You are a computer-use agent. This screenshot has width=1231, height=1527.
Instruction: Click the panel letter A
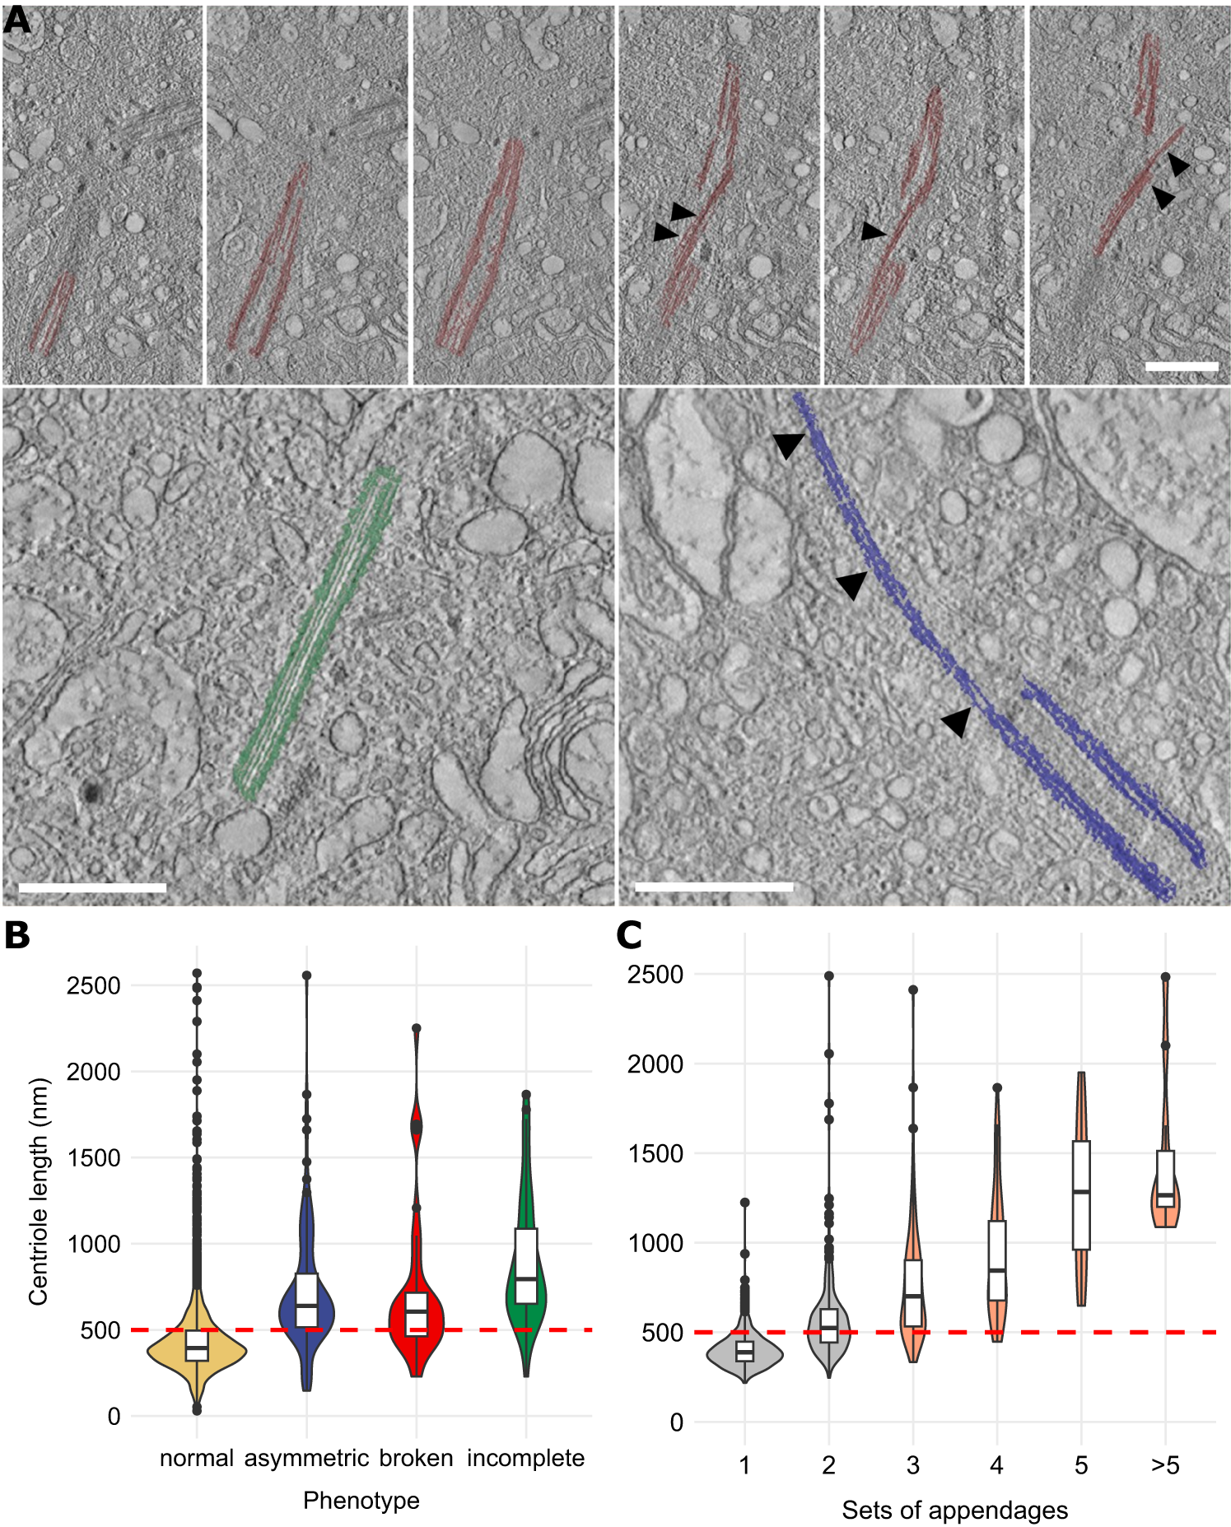pos(16,21)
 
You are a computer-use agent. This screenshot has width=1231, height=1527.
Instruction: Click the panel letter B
pos(16,936)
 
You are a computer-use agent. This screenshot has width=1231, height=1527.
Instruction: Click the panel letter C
pos(629,936)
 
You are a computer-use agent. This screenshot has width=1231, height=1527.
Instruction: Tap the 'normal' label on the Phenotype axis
pos(197,1459)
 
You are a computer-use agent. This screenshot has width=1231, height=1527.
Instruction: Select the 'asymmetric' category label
pos(306,1459)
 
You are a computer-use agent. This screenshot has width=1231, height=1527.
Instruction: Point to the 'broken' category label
pos(416,1459)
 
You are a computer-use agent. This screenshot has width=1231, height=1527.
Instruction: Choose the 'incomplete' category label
pos(525,1459)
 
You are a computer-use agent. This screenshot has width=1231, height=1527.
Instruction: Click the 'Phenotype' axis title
pos(361,1501)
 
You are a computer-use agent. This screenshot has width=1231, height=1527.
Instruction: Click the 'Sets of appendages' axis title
pos(954,1511)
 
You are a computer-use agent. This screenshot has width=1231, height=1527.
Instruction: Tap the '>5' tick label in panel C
pos(1165,1466)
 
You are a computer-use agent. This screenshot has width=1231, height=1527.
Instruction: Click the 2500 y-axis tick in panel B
pos(93,985)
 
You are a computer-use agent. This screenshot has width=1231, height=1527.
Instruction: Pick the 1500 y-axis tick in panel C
pos(655,1153)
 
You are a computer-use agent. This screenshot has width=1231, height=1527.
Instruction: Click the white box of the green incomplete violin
pos(525,1265)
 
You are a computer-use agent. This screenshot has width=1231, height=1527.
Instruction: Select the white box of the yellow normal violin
pos(197,1346)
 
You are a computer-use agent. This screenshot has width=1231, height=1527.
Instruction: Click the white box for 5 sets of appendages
pos(1081,1194)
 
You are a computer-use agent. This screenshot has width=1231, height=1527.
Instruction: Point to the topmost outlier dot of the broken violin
pos(417,1028)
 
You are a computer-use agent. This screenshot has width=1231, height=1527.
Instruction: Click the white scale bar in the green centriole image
pos(92,888)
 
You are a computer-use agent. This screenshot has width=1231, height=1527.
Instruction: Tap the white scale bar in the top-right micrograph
pos(1182,366)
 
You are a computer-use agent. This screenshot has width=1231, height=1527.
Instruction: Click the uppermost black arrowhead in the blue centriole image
pos(788,445)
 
